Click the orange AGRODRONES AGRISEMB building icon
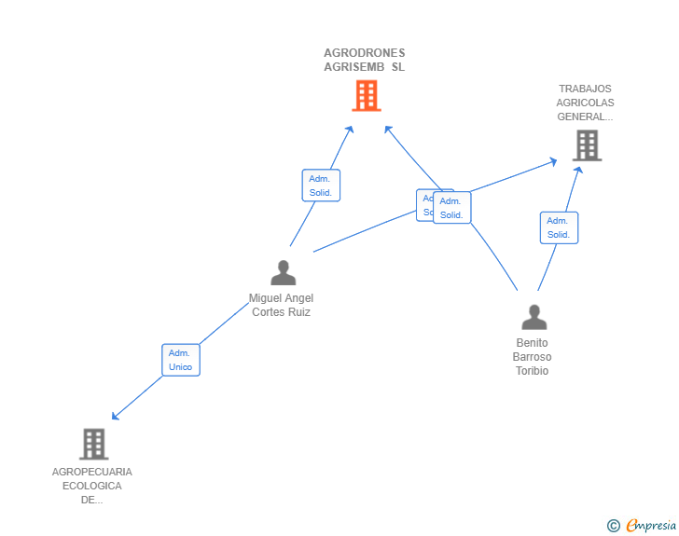[366, 95]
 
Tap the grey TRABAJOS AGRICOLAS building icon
[587, 144]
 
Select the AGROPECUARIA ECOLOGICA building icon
[93, 444]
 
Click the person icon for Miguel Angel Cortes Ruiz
[283, 272]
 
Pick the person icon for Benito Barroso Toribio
[533, 317]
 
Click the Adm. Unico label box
[180, 360]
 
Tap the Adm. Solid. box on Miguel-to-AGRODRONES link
[321, 186]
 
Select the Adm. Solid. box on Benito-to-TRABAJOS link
[559, 227]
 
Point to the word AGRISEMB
[353, 67]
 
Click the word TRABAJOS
[585, 89]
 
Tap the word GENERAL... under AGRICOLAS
[585, 117]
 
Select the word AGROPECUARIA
[92, 472]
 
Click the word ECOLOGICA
[92, 486]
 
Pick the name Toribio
[533, 371]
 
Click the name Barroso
[533, 357]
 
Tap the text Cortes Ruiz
[281, 312]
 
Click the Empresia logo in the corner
[650, 526]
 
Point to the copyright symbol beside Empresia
[613, 526]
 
